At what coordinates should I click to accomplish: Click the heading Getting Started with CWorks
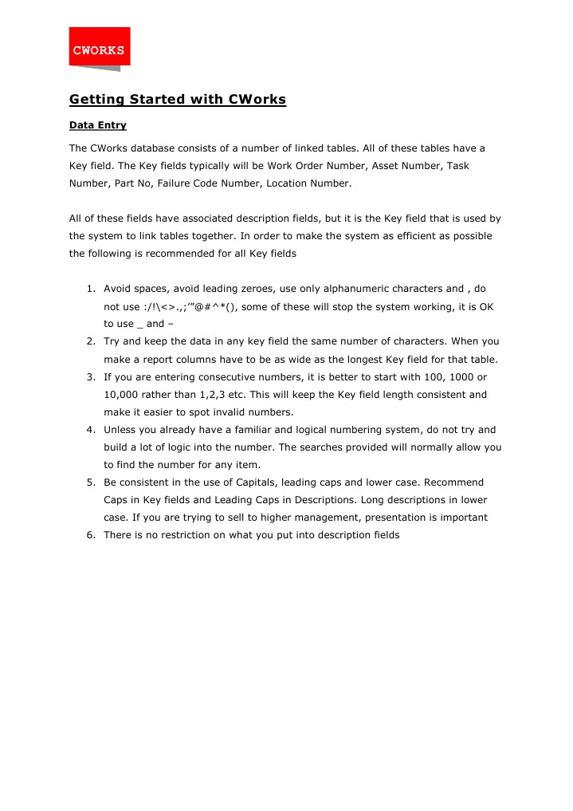pyautogui.click(x=177, y=100)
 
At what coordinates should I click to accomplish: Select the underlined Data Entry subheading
pyautogui.click(x=97, y=126)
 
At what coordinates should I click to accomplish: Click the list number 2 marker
pyautogui.click(x=91, y=341)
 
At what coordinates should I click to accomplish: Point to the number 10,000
pyautogui.click(x=123, y=394)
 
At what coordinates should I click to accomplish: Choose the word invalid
pyautogui.click(x=228, y=411)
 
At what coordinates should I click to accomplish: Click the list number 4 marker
pyautogui.click(x=91, y=429)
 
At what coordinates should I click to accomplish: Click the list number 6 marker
pyautogui.click(x=91, y=534)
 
